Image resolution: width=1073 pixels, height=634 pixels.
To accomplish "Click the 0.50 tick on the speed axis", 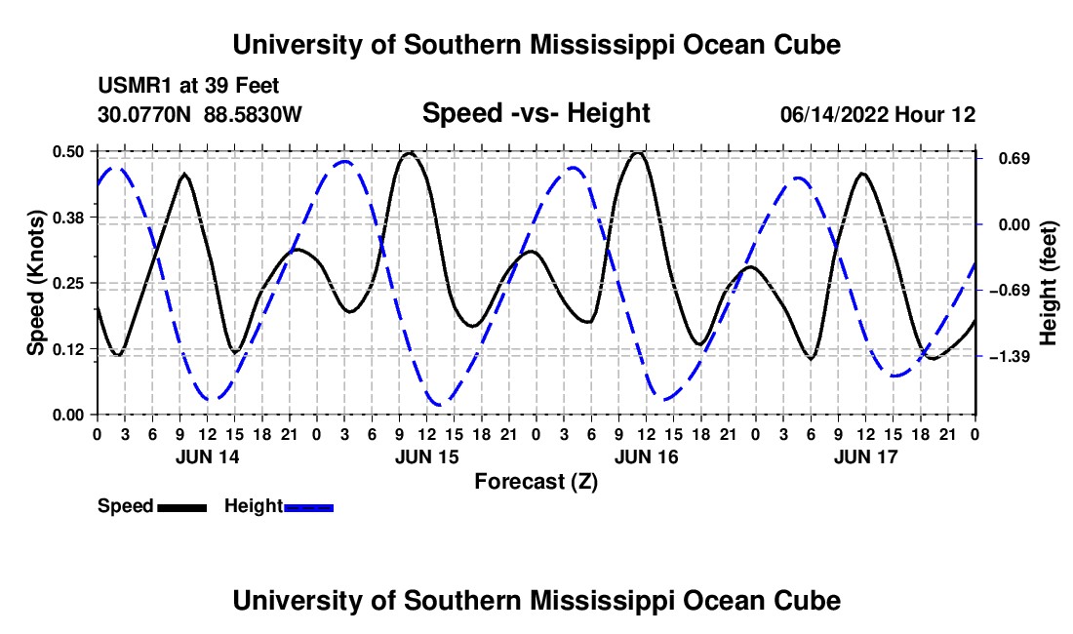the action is coord(67,152).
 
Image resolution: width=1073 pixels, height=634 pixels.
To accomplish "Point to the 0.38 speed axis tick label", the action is coord(67,218).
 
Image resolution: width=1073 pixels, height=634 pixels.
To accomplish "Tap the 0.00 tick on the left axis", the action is coord(67,416).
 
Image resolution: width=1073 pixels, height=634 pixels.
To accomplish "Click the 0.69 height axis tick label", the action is coord(1014,159).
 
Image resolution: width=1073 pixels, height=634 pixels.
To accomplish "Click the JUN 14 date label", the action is coord(208,457).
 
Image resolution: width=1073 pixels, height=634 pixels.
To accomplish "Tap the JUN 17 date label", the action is coord(865,457).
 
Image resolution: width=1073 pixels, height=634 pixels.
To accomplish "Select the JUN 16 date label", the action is coord(646,457).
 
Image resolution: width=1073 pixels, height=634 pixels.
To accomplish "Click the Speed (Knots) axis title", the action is coord(35,283).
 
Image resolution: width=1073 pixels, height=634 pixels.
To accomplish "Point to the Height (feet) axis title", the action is coord(1048,283).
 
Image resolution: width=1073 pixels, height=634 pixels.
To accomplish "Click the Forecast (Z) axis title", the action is coord(536,482).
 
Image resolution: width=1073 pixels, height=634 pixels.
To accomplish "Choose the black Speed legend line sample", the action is coord(181,508).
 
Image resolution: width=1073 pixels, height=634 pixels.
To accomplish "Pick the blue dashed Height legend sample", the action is coord(308,508).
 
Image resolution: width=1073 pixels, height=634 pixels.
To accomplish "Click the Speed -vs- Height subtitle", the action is coord(536,113).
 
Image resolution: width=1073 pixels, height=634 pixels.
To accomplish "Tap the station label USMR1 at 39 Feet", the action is coord(188,86).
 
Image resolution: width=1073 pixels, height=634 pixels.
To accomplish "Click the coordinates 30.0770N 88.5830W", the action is coord(199,114).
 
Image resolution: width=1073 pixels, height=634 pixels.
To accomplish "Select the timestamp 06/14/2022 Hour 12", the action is coord(878,114).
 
